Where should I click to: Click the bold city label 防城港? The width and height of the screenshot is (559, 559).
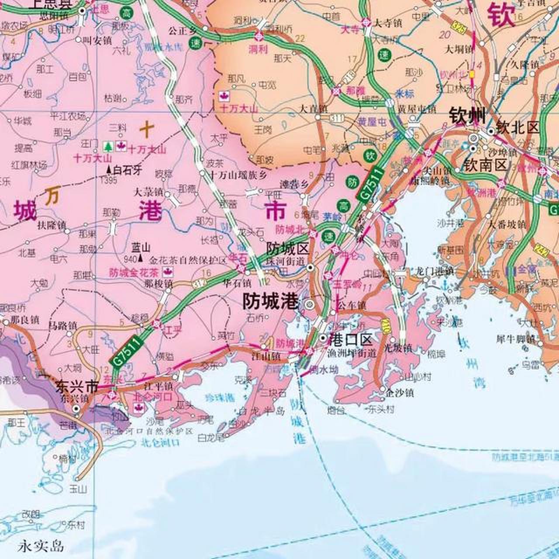(x=270, y=301)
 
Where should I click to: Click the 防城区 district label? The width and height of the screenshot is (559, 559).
(x=288, y=249)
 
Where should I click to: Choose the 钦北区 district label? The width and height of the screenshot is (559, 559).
(x=518, y=128)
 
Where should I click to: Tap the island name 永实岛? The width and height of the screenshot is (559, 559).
(x=41, y=545)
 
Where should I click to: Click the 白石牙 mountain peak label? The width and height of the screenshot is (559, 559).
(x=127, y=170)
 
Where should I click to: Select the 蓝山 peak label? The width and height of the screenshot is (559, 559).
(x=141, y=248)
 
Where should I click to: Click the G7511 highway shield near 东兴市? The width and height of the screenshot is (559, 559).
(x=127, y=351)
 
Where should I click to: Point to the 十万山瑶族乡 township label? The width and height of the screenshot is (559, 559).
(x=238, y=176)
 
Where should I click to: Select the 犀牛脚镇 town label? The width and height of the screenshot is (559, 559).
(x=515, y=338)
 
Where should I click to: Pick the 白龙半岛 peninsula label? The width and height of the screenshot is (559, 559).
(x=261, y=411)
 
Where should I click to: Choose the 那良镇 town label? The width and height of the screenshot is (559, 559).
(x=25, y=320)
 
